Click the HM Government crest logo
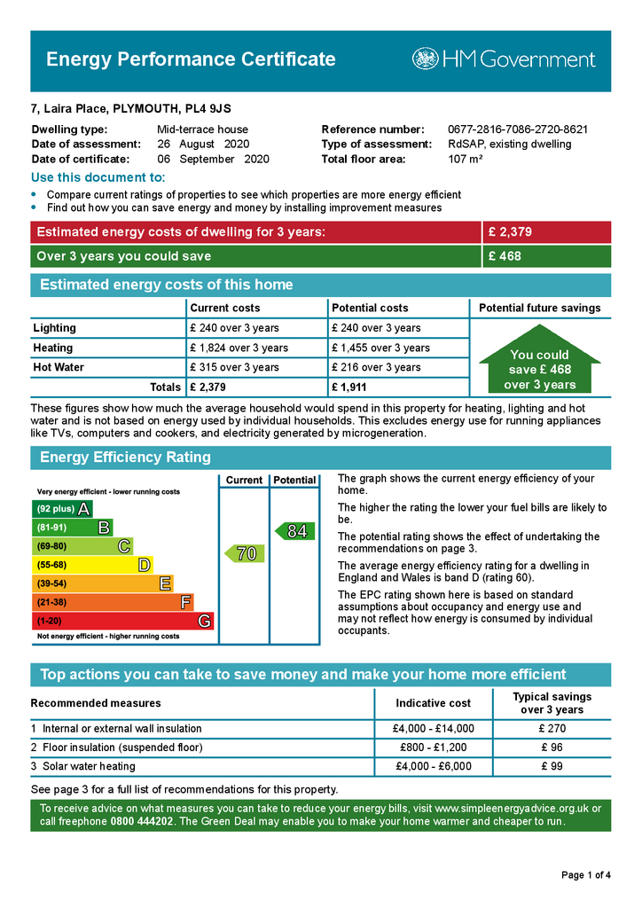pyautogui.click(x=426, y=59)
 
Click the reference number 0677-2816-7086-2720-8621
pyautogui.click(x=518, y=129)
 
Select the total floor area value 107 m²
pyautogui.click(x=466, y=160)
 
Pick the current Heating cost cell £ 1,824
pyautogui.click(x=239, y=348)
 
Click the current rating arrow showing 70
pyautogui.click(x=245, y=553)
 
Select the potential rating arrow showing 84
pyautogui.click(x=295, y=531)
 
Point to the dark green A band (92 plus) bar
pyautogui.click(x=62, y=509)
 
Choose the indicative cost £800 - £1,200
pyautogui.click(x=433, y=748)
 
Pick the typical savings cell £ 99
pyautogui.click(x=552, y=767)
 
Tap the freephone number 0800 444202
pyautogui.click(x=141, y=822)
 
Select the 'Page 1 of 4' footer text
pyautogui.click(x=585, y=876)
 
